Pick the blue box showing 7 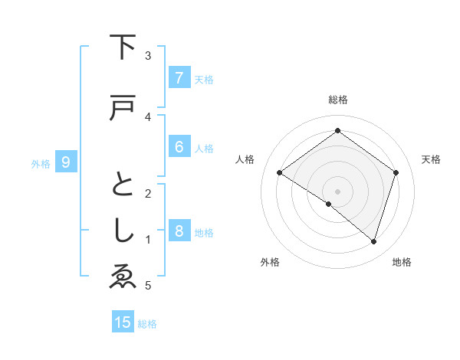179,78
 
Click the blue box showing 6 179,147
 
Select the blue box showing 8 179,231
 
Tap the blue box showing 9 66,162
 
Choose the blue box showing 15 123,322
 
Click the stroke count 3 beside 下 148,56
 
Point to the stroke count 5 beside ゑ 148,286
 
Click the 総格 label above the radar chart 338,100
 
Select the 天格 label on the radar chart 431,159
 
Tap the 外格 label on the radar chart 270,262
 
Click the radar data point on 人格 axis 280,173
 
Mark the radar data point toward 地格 373,241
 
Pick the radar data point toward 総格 337,131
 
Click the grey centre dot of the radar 337,191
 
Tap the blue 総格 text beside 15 147,324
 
